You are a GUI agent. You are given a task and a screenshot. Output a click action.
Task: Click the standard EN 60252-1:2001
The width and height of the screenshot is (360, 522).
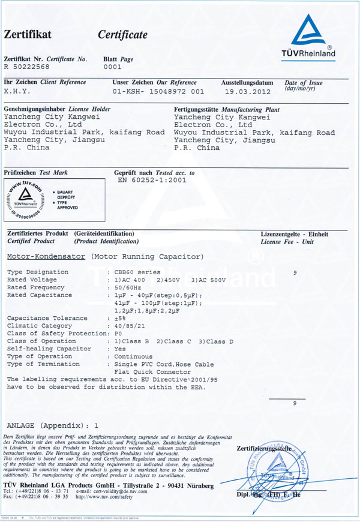point(152,179)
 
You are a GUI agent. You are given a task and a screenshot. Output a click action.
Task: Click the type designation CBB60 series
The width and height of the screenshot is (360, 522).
point(137,272)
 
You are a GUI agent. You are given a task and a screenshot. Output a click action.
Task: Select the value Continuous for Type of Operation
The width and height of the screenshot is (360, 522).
point(128,356)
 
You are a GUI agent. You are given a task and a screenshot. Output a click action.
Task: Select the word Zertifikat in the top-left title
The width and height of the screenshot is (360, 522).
point(28,35)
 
